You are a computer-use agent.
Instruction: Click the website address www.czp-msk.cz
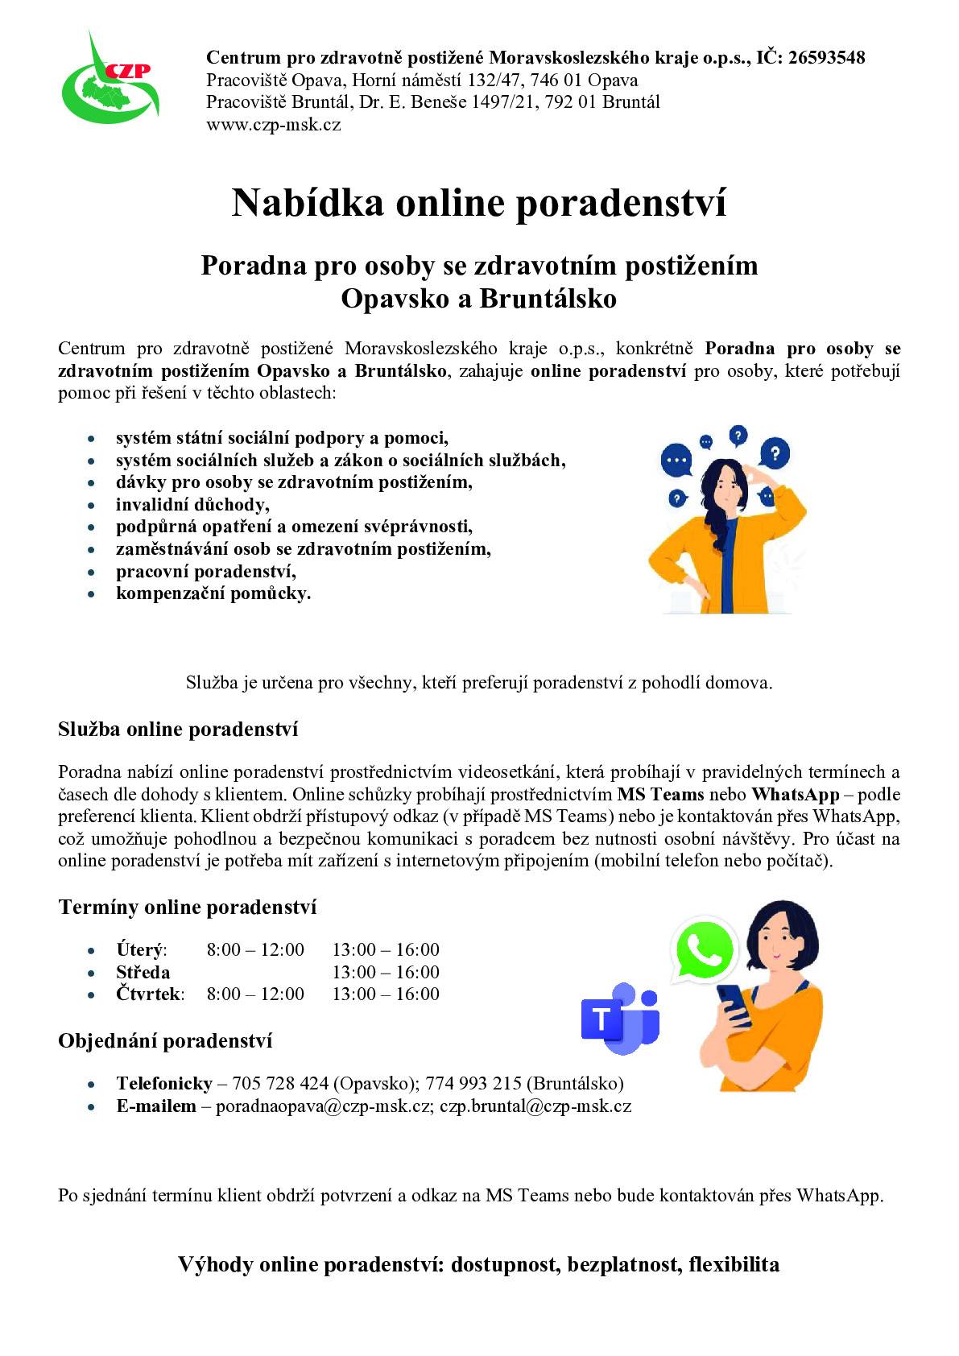point(274,125)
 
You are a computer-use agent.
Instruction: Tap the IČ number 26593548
point(826,57)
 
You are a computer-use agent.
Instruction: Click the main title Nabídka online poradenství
point(479,203)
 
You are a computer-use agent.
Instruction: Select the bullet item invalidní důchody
point(192,505)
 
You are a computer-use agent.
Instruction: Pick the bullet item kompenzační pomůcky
point(213,593)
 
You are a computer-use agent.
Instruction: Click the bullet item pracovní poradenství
point(206,572)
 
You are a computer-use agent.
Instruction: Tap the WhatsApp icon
point(705,950)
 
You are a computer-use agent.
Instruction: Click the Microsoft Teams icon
point(620,1019)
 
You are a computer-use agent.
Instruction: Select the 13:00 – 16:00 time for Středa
point(386,972)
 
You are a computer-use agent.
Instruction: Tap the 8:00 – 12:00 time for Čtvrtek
point(255,994)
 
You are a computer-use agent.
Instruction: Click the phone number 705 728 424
point(279,1083)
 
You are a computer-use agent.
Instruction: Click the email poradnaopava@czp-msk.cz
point(324,1106)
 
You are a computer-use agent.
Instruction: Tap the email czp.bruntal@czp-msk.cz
point(535,1106)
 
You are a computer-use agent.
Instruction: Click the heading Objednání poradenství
point(165,1041)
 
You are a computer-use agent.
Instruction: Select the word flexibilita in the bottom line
point(734,1264)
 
